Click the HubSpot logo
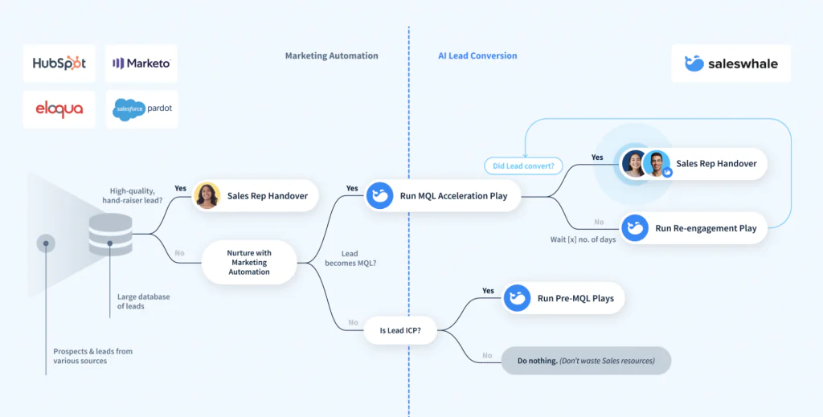59,63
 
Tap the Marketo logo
141,63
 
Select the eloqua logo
59,109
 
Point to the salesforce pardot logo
141,109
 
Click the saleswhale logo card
731,63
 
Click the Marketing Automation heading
332,55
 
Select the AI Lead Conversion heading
477,55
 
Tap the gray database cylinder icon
110,235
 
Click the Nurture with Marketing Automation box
249,262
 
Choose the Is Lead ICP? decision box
400,330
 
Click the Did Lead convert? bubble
523,166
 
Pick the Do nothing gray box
586,361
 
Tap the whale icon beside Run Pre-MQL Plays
518,298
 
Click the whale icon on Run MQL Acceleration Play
379,196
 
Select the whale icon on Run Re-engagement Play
635,228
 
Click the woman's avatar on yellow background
207,196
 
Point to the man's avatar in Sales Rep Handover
656,164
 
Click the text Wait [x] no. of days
583,239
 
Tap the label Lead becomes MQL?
350,258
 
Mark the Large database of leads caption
143,301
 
